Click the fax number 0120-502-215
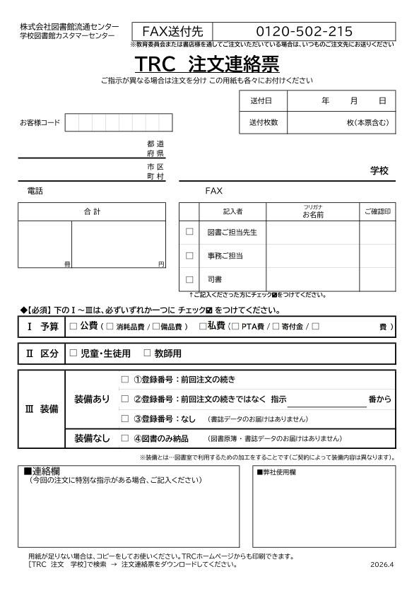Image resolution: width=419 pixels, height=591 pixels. click(304, 31)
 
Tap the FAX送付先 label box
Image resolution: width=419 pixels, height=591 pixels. click(172, 31)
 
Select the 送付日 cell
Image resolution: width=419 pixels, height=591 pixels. click(260, 101)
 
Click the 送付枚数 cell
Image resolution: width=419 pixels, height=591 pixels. click(264, 122)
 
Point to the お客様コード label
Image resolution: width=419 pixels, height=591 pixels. click(40, 123)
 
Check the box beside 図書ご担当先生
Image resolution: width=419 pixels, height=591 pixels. click(189, 231)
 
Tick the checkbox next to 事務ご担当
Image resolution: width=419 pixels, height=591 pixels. click(189, 255)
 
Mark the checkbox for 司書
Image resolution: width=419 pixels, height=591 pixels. click(189, 279)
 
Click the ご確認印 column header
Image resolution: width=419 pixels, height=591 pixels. click(377, 211)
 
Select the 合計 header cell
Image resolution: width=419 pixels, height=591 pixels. click(92, 211)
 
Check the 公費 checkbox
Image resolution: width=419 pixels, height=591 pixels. click(73, 327)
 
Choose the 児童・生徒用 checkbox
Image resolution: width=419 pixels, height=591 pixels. click(73, 353)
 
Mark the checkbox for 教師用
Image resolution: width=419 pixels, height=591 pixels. click(147, 353)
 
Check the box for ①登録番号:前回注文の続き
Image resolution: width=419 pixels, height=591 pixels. click(125, 379)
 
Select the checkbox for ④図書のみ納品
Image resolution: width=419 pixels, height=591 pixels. click(125, 438)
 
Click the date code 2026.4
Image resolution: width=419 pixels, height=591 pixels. click(381, 565)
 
